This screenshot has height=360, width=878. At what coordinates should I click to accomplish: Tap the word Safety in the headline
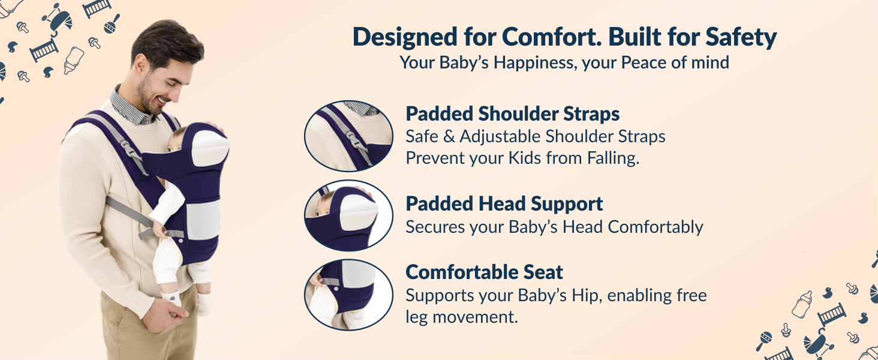coord(741,37)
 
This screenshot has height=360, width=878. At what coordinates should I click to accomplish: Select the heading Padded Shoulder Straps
coord(513,113)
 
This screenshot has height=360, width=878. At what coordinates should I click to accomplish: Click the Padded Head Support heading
coord(504,203)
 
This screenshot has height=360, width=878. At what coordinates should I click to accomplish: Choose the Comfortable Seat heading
coord(485,272)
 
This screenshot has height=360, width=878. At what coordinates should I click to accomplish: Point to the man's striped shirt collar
coord(129,106)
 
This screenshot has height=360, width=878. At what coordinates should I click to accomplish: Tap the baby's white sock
coord(172,298)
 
